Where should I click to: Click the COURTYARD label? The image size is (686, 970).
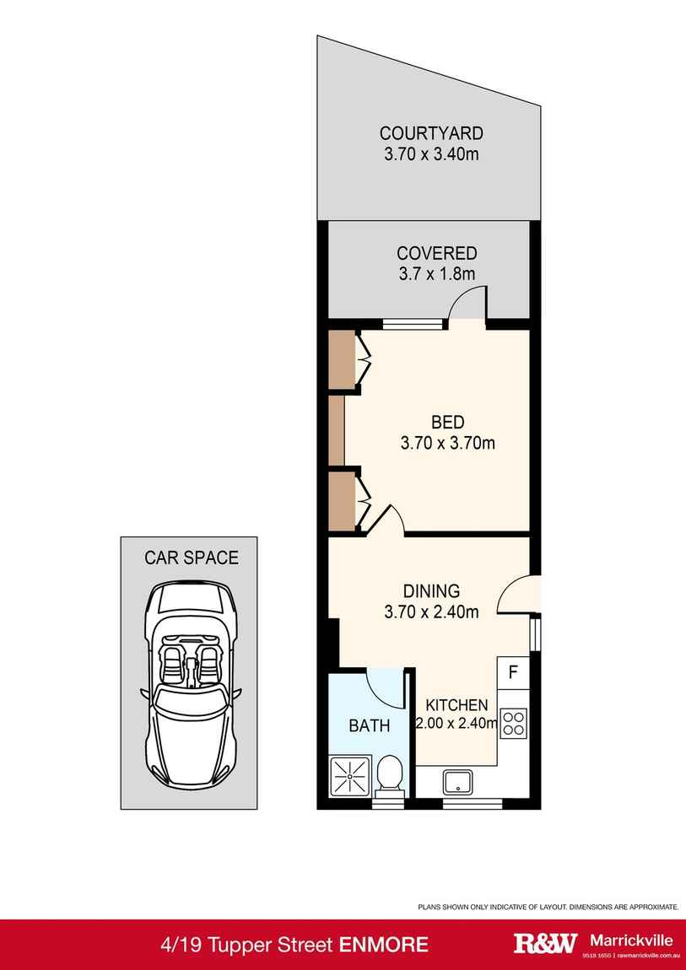[431, 133]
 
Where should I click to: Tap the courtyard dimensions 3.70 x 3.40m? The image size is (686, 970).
[431, 154]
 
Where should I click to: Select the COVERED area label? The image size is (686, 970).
[437, 253]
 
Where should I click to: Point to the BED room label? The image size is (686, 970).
[447, 423]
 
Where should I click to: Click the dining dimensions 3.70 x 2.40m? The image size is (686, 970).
[431, 612]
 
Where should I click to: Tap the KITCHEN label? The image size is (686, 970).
[456, 704]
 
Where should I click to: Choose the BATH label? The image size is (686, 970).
[370, 725]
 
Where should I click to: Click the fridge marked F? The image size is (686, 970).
[513, 672]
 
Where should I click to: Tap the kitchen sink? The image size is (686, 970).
[458, 782]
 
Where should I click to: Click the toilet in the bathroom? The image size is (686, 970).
[389, 773]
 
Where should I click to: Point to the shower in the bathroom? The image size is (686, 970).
[349, 775]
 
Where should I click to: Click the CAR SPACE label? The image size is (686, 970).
[192, 558]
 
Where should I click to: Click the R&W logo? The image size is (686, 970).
[546, 943]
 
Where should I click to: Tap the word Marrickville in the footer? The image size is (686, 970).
[630, 940]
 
